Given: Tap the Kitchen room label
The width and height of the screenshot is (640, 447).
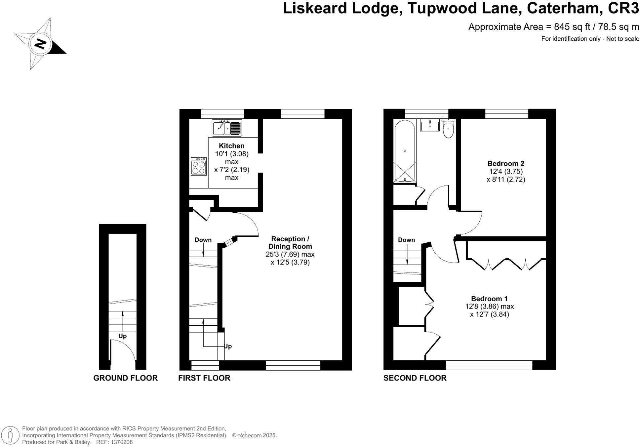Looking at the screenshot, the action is point(232,146).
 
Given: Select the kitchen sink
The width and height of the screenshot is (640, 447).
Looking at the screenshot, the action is point(227,128).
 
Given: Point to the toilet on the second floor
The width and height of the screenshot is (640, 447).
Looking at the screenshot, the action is point(448,129).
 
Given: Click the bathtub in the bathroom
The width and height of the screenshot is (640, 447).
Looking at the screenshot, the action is point(405,151).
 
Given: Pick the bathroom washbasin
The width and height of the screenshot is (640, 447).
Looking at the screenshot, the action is point(430,126).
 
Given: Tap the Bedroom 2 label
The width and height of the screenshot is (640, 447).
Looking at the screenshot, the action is point(506,163).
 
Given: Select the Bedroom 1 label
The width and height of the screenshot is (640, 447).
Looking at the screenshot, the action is point(489,299).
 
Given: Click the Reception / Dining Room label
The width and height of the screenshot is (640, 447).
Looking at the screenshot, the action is point(290,243).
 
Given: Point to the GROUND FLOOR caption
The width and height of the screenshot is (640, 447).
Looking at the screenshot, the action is point(125,378).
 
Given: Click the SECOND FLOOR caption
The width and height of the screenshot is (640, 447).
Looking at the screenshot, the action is point(415,378).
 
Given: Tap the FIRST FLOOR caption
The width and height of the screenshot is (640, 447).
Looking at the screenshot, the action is point(204,378).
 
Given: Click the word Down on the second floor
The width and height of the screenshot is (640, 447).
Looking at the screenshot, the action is point(406,240).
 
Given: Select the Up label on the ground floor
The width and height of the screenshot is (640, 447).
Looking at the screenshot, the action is point(122,336).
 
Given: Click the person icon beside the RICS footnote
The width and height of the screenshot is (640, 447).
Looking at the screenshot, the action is point(11,435).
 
